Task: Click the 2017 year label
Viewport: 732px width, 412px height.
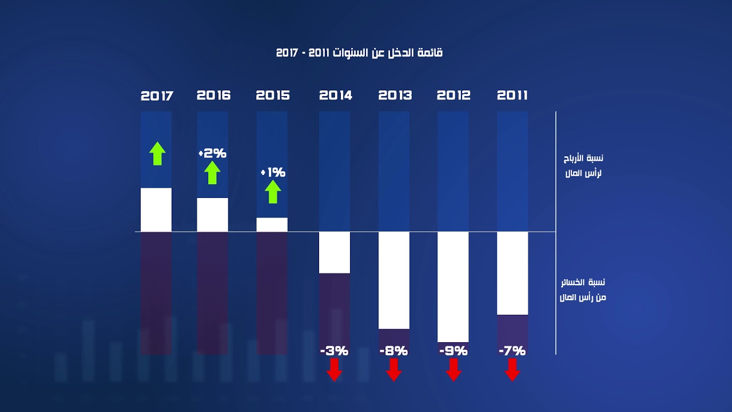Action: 157,96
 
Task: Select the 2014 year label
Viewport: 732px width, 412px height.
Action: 335,96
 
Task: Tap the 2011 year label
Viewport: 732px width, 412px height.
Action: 512,96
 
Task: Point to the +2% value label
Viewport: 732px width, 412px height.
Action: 213,153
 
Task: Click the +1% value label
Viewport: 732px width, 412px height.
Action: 273,172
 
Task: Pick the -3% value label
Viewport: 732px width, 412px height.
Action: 335,351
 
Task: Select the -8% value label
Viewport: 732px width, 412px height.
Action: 393,351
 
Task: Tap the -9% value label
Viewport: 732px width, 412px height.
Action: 453,351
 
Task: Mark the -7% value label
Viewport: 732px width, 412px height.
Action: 512,351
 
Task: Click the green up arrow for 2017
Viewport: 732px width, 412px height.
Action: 157,153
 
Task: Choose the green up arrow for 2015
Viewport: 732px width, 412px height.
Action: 273,192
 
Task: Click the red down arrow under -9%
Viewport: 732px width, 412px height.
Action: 453,370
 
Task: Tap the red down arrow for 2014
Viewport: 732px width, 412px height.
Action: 335,370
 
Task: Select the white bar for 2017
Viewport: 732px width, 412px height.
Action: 156,209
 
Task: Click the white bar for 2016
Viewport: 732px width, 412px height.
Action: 213,215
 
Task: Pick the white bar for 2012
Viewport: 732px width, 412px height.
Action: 453,286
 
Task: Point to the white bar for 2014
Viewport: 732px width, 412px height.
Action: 335,252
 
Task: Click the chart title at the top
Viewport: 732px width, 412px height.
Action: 359,53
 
